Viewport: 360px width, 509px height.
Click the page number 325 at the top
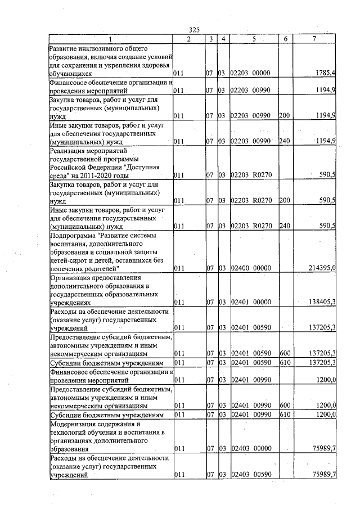pyautogui.click(x=195, y=30)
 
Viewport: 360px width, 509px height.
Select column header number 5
pyautogui.click(x=255, y=39)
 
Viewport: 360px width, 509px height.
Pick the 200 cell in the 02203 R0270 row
pyautogui.click(x=284, y=200)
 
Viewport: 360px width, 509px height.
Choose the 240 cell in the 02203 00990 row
pyautogui.click(x=284, y=141)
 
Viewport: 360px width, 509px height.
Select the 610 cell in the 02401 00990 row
pyautogui.click(x=284, y=415)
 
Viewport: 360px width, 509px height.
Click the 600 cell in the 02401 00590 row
pyautogui.click(x=284, y=353)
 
